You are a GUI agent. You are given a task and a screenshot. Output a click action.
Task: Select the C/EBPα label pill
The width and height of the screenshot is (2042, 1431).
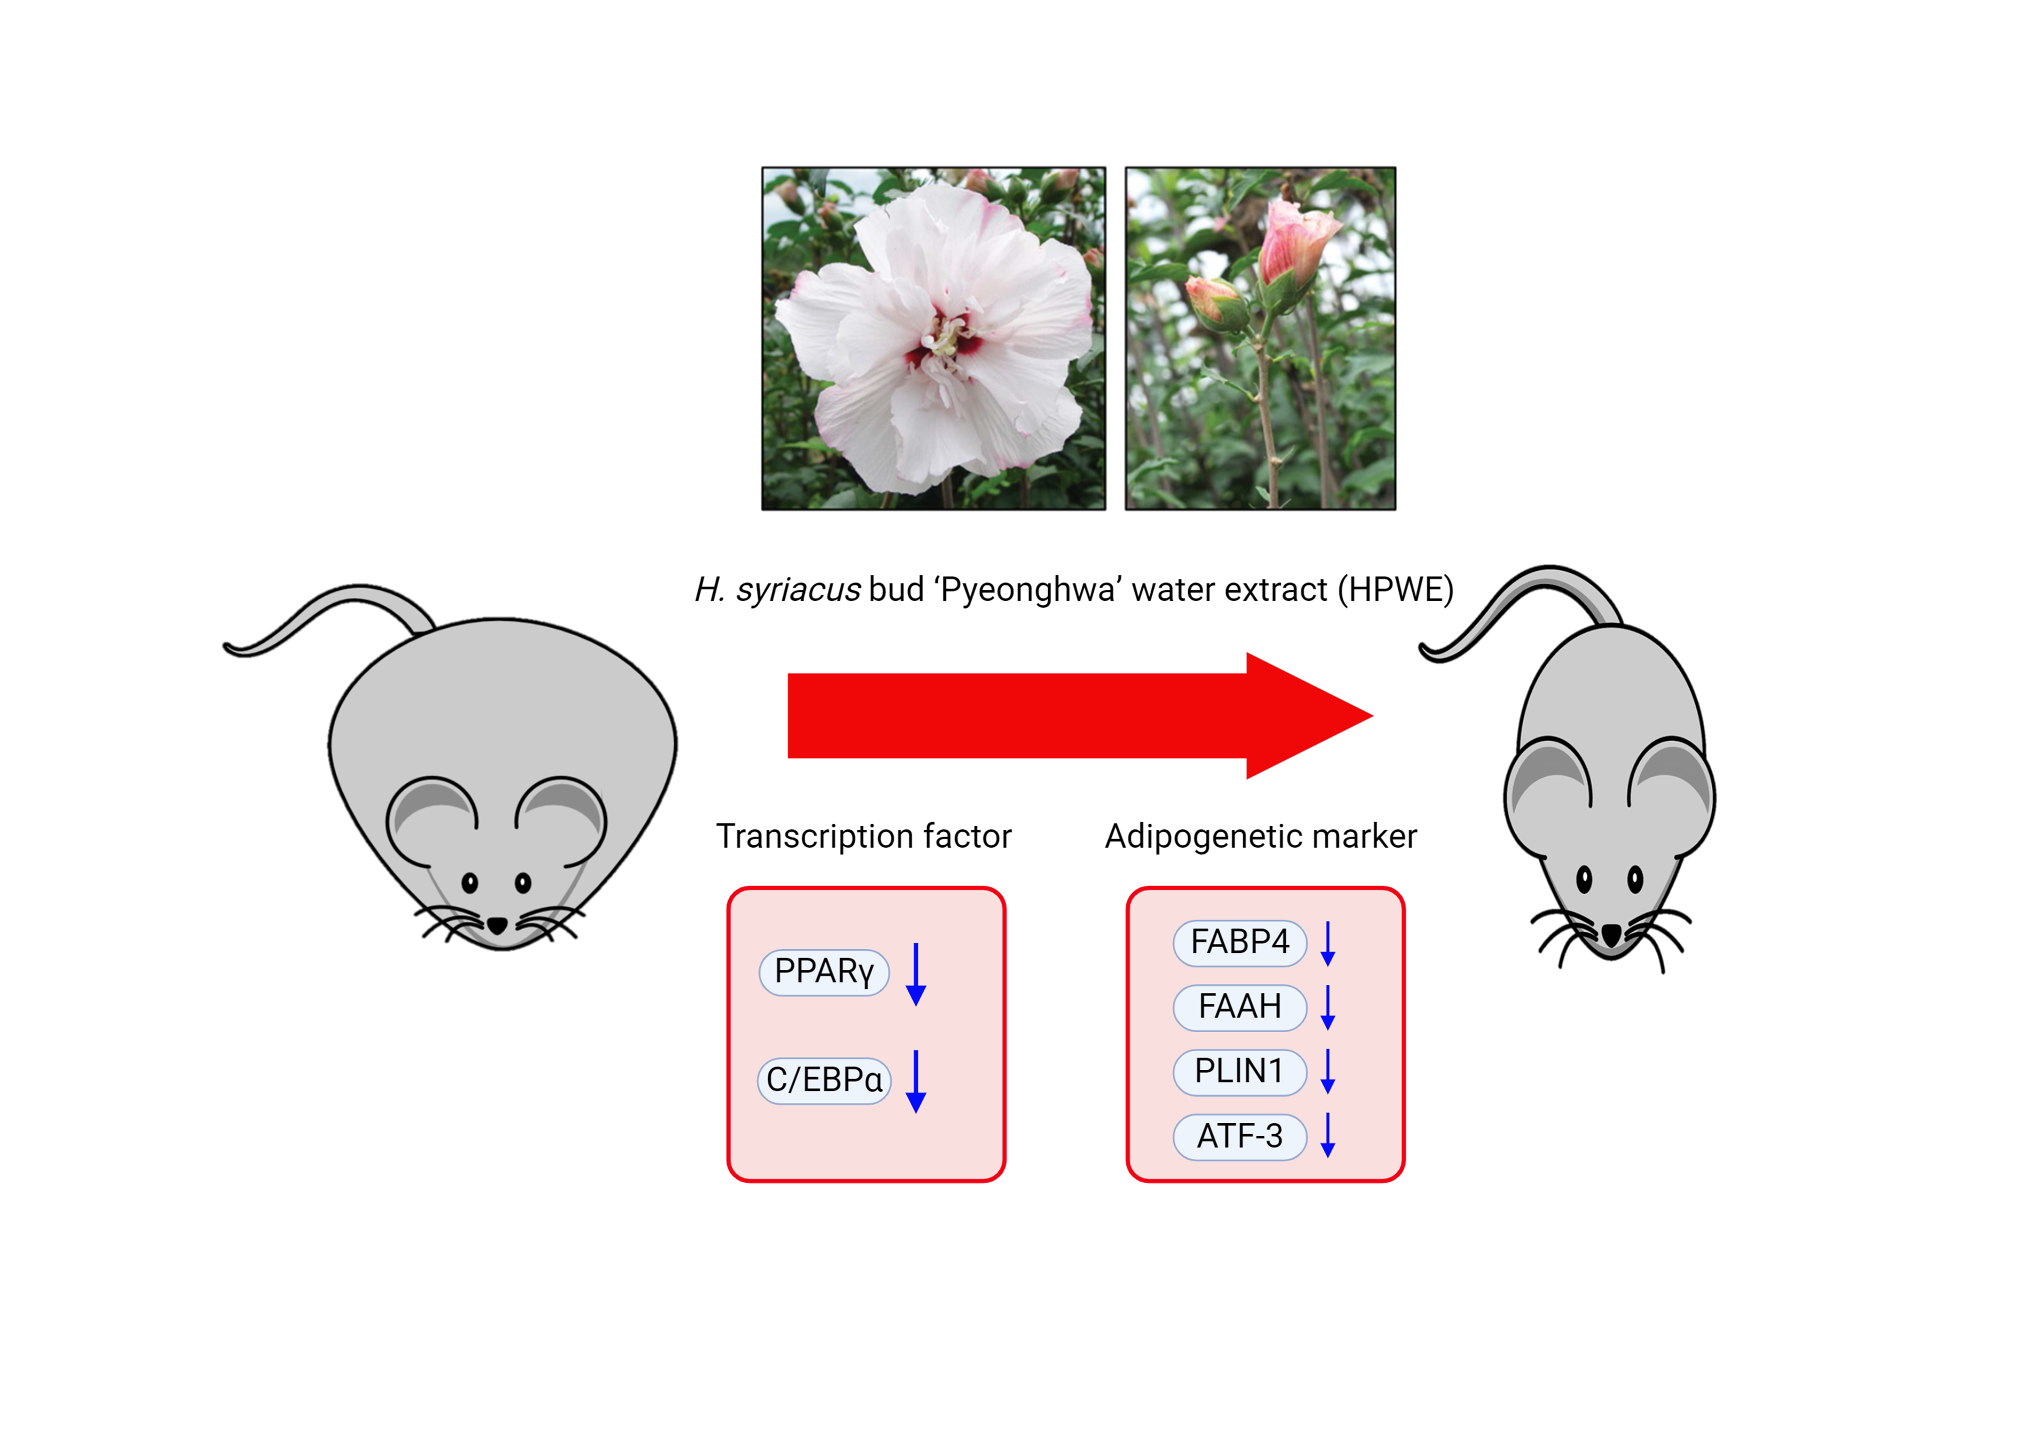(823, 1080)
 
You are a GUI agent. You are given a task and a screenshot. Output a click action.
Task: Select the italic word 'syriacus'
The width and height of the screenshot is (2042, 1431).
(798, 590)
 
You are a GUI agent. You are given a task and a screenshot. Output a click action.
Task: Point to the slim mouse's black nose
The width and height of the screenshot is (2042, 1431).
(1611, 934)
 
